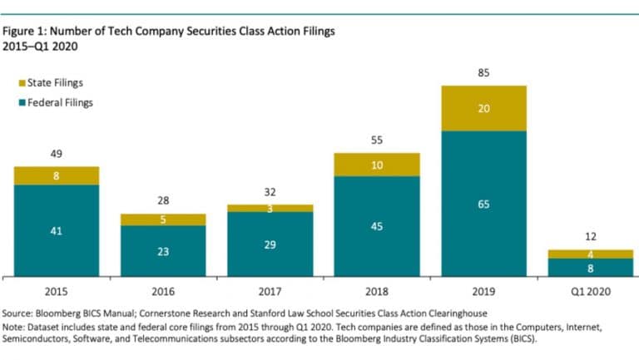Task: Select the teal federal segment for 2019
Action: click(483, 203)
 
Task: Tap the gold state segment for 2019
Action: click(483, 108)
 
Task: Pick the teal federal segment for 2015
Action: click(57, 229)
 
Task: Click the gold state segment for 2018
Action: click(377, 165)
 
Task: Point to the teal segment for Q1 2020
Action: click(590, 267)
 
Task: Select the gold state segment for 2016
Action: click(163, 219)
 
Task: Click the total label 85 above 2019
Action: click(483, 73)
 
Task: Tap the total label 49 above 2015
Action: click(57, 154)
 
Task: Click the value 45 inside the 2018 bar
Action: click(377, 226)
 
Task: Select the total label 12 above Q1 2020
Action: click(590, 237)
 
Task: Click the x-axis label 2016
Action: click(163, 291)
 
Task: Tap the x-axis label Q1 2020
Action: click(590, 291)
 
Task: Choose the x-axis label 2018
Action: click(377, 291)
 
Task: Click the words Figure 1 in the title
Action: click(26, 32)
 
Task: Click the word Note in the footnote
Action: click(15, 328)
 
